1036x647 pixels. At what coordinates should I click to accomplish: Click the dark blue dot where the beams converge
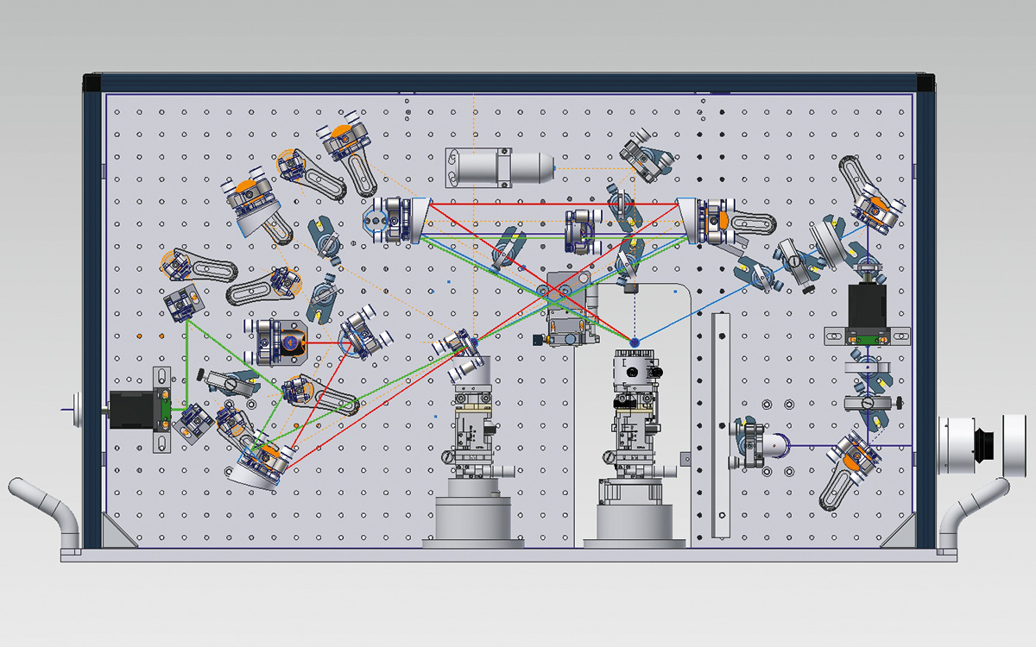click(x=635, y=342)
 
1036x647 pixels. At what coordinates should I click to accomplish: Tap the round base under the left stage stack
click(x=473, y=522)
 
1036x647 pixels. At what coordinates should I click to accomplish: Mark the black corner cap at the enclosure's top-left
click(x=92, y=83)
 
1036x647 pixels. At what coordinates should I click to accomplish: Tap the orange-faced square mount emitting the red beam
click(x=288, y=342)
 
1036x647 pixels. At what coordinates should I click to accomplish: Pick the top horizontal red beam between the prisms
click(x=553, y=204)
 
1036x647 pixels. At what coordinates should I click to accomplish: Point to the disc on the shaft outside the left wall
click(x=76, y=407)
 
